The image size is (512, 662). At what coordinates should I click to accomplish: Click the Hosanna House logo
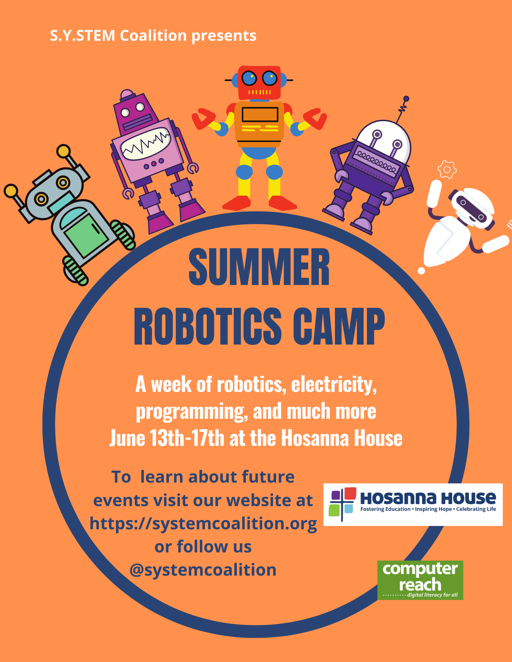(x=413, y=504)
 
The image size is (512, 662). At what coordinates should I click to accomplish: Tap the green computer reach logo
(x=420, y=580)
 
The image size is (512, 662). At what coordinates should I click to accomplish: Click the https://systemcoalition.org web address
(x=203, y=524)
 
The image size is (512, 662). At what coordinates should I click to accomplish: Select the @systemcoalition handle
(x=203, y=570)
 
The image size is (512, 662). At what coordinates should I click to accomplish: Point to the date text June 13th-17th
(x=167, y=438)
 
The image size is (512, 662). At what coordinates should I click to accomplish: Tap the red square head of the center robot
(x=259, y=83)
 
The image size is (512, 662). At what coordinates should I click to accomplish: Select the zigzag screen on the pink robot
(x=146, y=144)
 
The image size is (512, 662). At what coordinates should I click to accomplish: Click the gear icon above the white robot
(x=447, y=169)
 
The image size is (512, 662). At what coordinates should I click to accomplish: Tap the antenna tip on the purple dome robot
(x=406, y=99)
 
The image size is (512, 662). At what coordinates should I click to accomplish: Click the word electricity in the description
(x=334, y=385)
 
